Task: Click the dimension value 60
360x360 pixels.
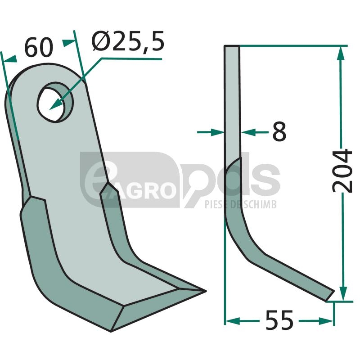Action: point(39,48)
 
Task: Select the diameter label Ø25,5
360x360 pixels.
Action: point(128,41)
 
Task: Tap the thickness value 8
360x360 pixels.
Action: point(279,131)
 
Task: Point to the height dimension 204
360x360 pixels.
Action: point(342,171)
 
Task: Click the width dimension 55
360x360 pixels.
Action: point(279,320)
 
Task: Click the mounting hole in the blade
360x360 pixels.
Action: point(55,102)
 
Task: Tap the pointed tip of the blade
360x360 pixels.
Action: point(206,291)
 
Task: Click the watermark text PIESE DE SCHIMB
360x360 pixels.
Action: point(240,204)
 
